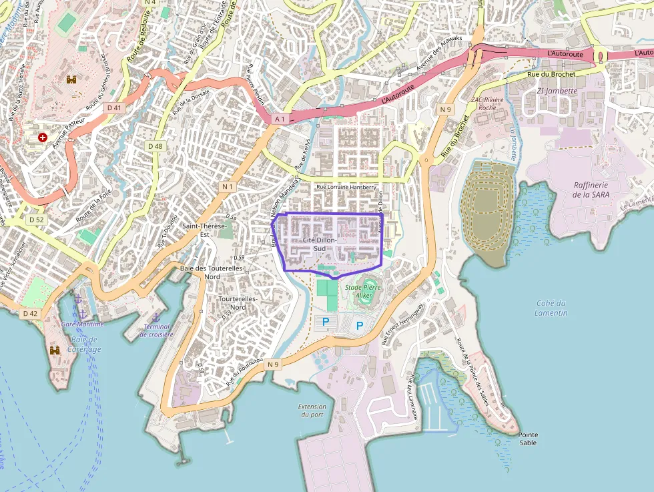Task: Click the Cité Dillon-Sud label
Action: tap(320, 243)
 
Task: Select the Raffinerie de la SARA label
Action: tap(591, 190)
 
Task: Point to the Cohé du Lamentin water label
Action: tap(551, 308)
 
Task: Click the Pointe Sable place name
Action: tap(527, 439)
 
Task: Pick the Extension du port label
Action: tap(312, 411)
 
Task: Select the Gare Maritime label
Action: tap(82, 324)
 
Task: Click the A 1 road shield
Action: tap(280, 119)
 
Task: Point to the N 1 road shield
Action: tap(228, 187)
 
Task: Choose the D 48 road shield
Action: tap(155, 146)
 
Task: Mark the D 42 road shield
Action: tap(30, 313)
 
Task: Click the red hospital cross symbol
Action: tap(43, 138)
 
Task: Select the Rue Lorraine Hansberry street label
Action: tap(346, 188)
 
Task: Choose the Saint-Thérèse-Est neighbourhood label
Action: tap(205, 230)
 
